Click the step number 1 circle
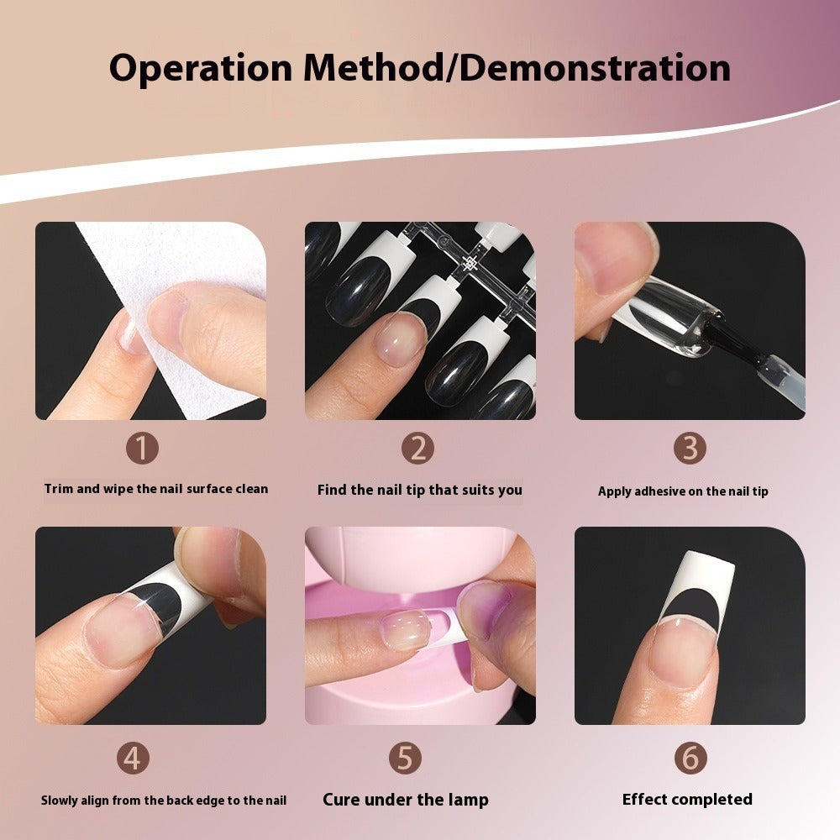click(x=141, y=449)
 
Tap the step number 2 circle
click(x=417, y=449)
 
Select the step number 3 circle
click(x=689, y=449)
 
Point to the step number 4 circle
click(x=132, y=759)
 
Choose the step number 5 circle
click(x=405, y=759)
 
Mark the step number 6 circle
click(x=689, y=759)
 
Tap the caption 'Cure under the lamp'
click(x=405, y=800)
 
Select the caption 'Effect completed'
click(x=687, y=800)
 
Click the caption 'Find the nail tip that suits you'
click(x=419, y=490)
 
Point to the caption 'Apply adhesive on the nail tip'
click(x=683, y=491)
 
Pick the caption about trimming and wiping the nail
click(x=156, y=489)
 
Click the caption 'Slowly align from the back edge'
click(x=164, y=801)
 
